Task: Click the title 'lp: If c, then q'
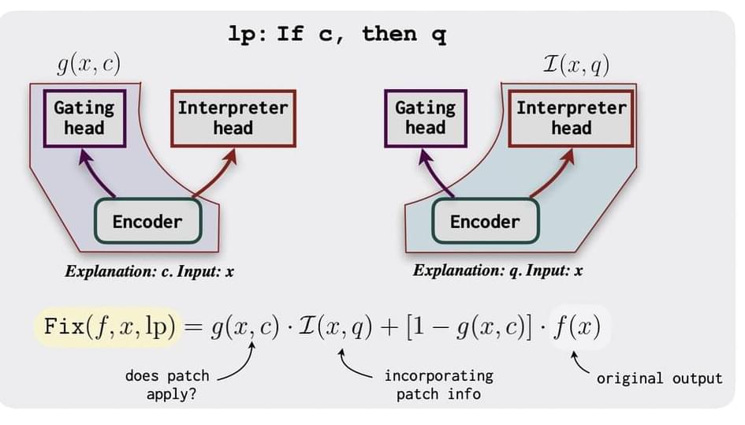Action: tap(337, 35)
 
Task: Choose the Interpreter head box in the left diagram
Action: tap(233, 117)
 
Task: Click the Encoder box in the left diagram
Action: tap(147, 221)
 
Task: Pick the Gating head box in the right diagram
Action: tap(425, 117)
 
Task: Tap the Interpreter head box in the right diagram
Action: tap(571, 117)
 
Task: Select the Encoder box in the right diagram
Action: tap(485, 221)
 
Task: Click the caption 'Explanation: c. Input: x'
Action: tap(150, 272)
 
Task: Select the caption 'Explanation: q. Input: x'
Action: tap(497, 271)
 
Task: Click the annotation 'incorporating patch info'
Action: tap(438, 384)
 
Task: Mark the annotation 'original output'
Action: tap(659, 378)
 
